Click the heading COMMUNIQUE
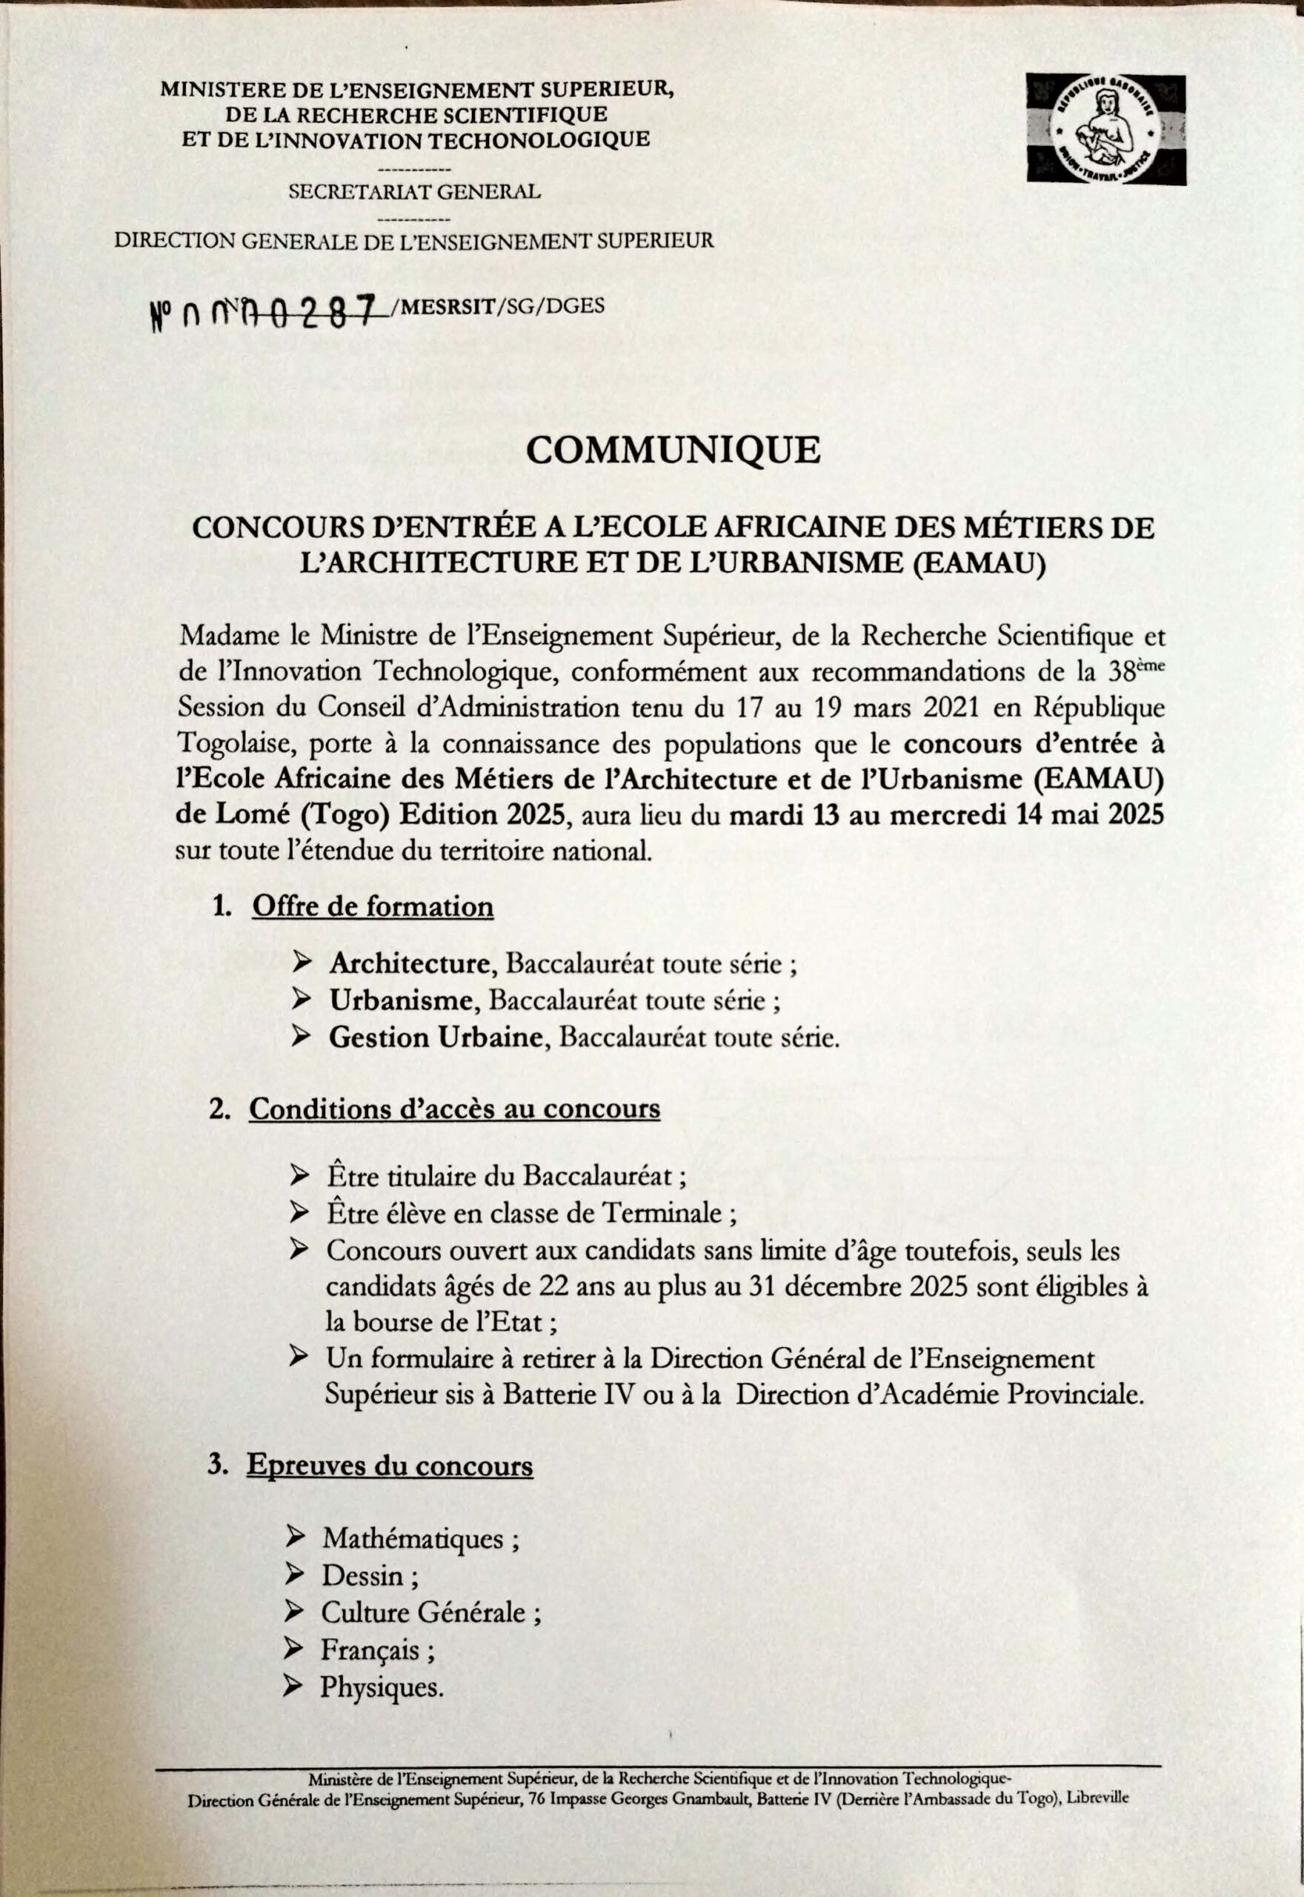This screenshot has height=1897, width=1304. click(x=673, y=449)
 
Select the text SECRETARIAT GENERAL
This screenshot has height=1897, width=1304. click(x=414, y=192)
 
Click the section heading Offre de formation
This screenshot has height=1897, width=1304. click(x=373, y=907)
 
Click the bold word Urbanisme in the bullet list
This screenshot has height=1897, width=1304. click(x=400, y=1001)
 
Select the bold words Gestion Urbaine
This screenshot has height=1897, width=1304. click(x=436, y=1037)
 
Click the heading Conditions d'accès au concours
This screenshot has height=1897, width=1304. click(x=454, y=1109)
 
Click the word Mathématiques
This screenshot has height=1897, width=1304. click(x=413, y=1539)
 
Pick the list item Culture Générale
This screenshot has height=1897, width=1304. click(x=423, y=1612)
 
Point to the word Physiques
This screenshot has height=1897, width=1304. click(x=382, y=1687)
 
